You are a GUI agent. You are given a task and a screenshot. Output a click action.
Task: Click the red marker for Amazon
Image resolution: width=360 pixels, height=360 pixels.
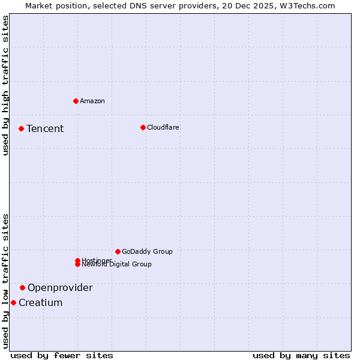click(x=76, y=101)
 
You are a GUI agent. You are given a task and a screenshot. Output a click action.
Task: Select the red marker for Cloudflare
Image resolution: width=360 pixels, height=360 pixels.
click(x=143, y=127)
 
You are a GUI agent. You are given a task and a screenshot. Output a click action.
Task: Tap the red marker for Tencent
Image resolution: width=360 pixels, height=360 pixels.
click(x=21, y=128)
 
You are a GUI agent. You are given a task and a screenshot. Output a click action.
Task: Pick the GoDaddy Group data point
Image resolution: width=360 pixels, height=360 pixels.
click(x=118, y=251)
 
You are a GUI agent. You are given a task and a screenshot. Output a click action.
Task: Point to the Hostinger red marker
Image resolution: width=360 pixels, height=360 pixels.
click(x=77, y=260)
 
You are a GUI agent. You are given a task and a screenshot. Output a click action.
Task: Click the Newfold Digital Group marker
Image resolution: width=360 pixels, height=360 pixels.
click(x=77, y=265)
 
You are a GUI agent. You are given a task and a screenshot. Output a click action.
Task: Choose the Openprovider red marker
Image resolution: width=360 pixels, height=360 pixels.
click(x=22, y=287)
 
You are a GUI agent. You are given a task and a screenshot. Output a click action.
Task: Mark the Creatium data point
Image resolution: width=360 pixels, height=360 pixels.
click(x=13, y=302)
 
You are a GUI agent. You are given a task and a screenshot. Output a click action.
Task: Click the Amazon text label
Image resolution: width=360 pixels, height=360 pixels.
click(x=92, y=101)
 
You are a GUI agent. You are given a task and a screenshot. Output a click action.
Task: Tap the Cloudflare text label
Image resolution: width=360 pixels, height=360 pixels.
click(x=163, y=127)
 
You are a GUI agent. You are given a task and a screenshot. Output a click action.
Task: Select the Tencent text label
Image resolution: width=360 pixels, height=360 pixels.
click(x=45, y=128)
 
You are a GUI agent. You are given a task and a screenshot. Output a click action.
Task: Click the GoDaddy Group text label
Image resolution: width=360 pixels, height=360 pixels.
click(x=147, y=251)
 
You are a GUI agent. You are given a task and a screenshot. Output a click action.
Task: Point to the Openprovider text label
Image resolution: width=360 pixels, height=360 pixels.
click(x=60, y=287)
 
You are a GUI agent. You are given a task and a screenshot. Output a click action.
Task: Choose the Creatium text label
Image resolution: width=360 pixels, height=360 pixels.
click(x=40, y=302)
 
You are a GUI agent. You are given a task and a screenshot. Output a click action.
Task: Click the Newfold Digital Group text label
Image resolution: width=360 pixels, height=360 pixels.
click(x=117, y=265)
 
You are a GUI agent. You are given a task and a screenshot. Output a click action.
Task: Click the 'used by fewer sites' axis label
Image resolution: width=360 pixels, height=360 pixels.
click(x=62, y=355)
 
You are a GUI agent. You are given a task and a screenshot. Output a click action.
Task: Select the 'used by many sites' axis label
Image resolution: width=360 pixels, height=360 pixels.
click(x=301, y=355)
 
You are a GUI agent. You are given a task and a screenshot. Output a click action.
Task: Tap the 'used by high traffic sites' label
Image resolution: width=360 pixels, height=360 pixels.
click(x=5, y=85)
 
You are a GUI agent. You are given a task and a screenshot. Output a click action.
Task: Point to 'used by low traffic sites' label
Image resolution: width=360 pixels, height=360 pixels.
click(x=5, y=281)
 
